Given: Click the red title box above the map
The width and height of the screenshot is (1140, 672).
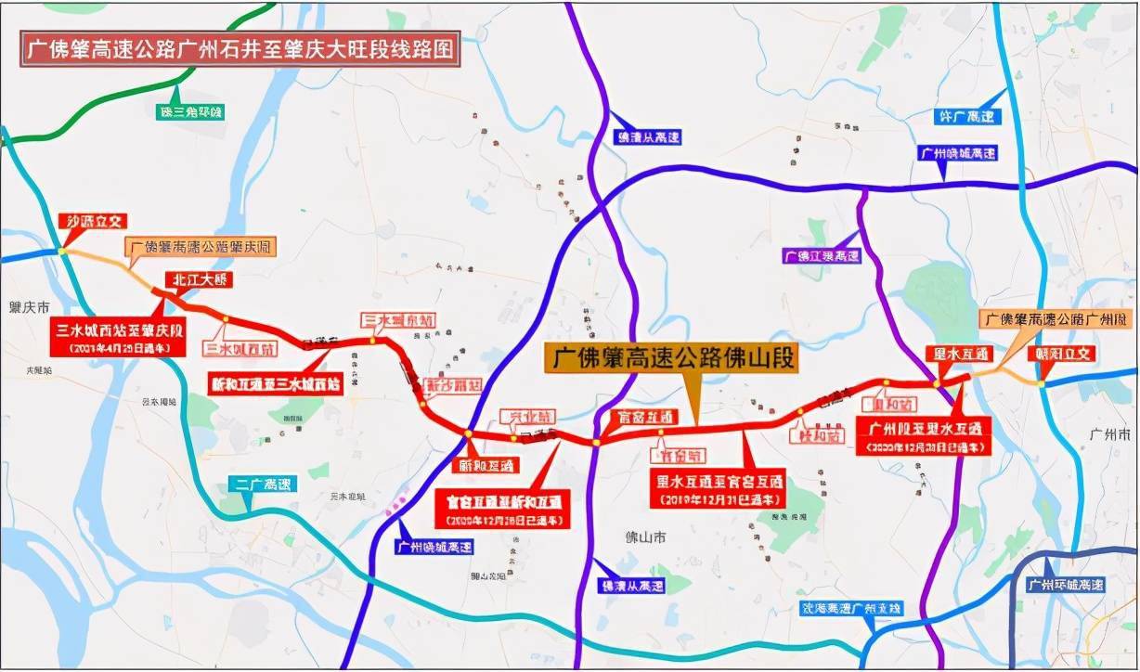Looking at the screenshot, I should click(240, 50).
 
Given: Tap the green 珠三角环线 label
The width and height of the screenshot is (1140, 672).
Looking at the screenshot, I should click(191, 112).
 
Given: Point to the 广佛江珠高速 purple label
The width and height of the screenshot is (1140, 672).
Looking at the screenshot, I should click(822, 255).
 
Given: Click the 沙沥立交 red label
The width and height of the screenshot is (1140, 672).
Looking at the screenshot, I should click(92, 221).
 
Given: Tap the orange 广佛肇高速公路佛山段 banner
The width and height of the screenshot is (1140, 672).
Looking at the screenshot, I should click(670, 358).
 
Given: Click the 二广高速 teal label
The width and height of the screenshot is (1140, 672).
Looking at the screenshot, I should click(262, 484).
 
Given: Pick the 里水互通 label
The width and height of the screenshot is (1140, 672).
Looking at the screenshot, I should click(960, 354).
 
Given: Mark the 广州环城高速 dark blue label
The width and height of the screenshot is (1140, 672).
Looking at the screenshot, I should click(1066, 586).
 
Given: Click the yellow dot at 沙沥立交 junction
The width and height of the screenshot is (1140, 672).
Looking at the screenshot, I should click(60, 250).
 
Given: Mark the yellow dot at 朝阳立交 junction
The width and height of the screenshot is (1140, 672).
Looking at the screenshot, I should click(1043, 384).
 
